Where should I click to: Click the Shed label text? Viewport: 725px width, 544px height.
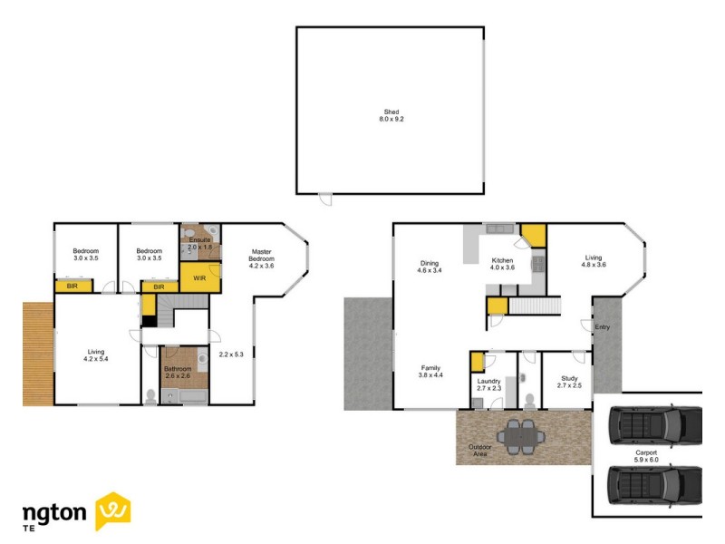tap(391, 112)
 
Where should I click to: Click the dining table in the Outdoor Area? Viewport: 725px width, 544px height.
tap(521, 435)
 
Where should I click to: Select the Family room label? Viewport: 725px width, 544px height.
tap(430, 370)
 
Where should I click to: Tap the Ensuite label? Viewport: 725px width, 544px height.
tap(199, 240)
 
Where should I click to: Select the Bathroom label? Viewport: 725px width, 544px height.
tap(178, 370)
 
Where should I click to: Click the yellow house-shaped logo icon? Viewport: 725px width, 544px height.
tap(113, 510)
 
